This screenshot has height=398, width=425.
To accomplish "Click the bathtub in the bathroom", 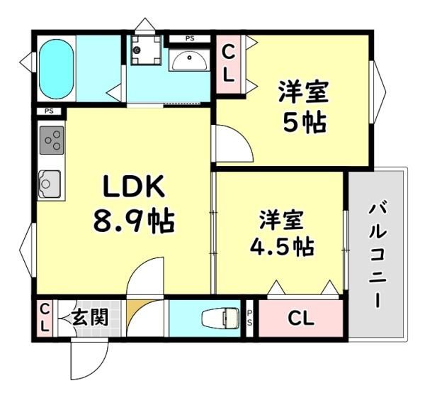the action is click(x=57, y=70).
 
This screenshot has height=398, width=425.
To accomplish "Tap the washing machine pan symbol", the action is click(x=146, y=50).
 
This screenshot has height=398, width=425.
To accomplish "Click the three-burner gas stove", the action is click(x=52, y=140).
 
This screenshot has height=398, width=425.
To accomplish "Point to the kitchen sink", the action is click(x=50, y=184).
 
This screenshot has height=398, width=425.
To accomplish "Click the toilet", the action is click(x=220, y=317).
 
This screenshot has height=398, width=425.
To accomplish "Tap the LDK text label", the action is click(x=134, y=187).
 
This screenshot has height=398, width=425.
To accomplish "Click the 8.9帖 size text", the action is click(x=134, y=221).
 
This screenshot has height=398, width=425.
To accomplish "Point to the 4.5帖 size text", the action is click(x=282, y=247).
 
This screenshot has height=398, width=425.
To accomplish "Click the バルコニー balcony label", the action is click(x=378, y=254).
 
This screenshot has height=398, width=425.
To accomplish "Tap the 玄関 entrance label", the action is click(x=90, y=317).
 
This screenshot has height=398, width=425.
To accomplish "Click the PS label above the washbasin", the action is click(x=190, y=38).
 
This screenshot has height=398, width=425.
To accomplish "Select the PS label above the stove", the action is click(x=49, y=111).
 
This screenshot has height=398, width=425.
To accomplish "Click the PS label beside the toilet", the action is click(x=249, y=318).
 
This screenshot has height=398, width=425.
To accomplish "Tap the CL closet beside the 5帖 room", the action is click(x=229, y=64).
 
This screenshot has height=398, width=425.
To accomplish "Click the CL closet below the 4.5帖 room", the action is click(x=301, y=318).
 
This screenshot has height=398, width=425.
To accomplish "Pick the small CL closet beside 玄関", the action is click(x=45, y=318).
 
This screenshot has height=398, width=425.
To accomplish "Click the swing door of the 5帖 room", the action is click(x=234, y=143).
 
